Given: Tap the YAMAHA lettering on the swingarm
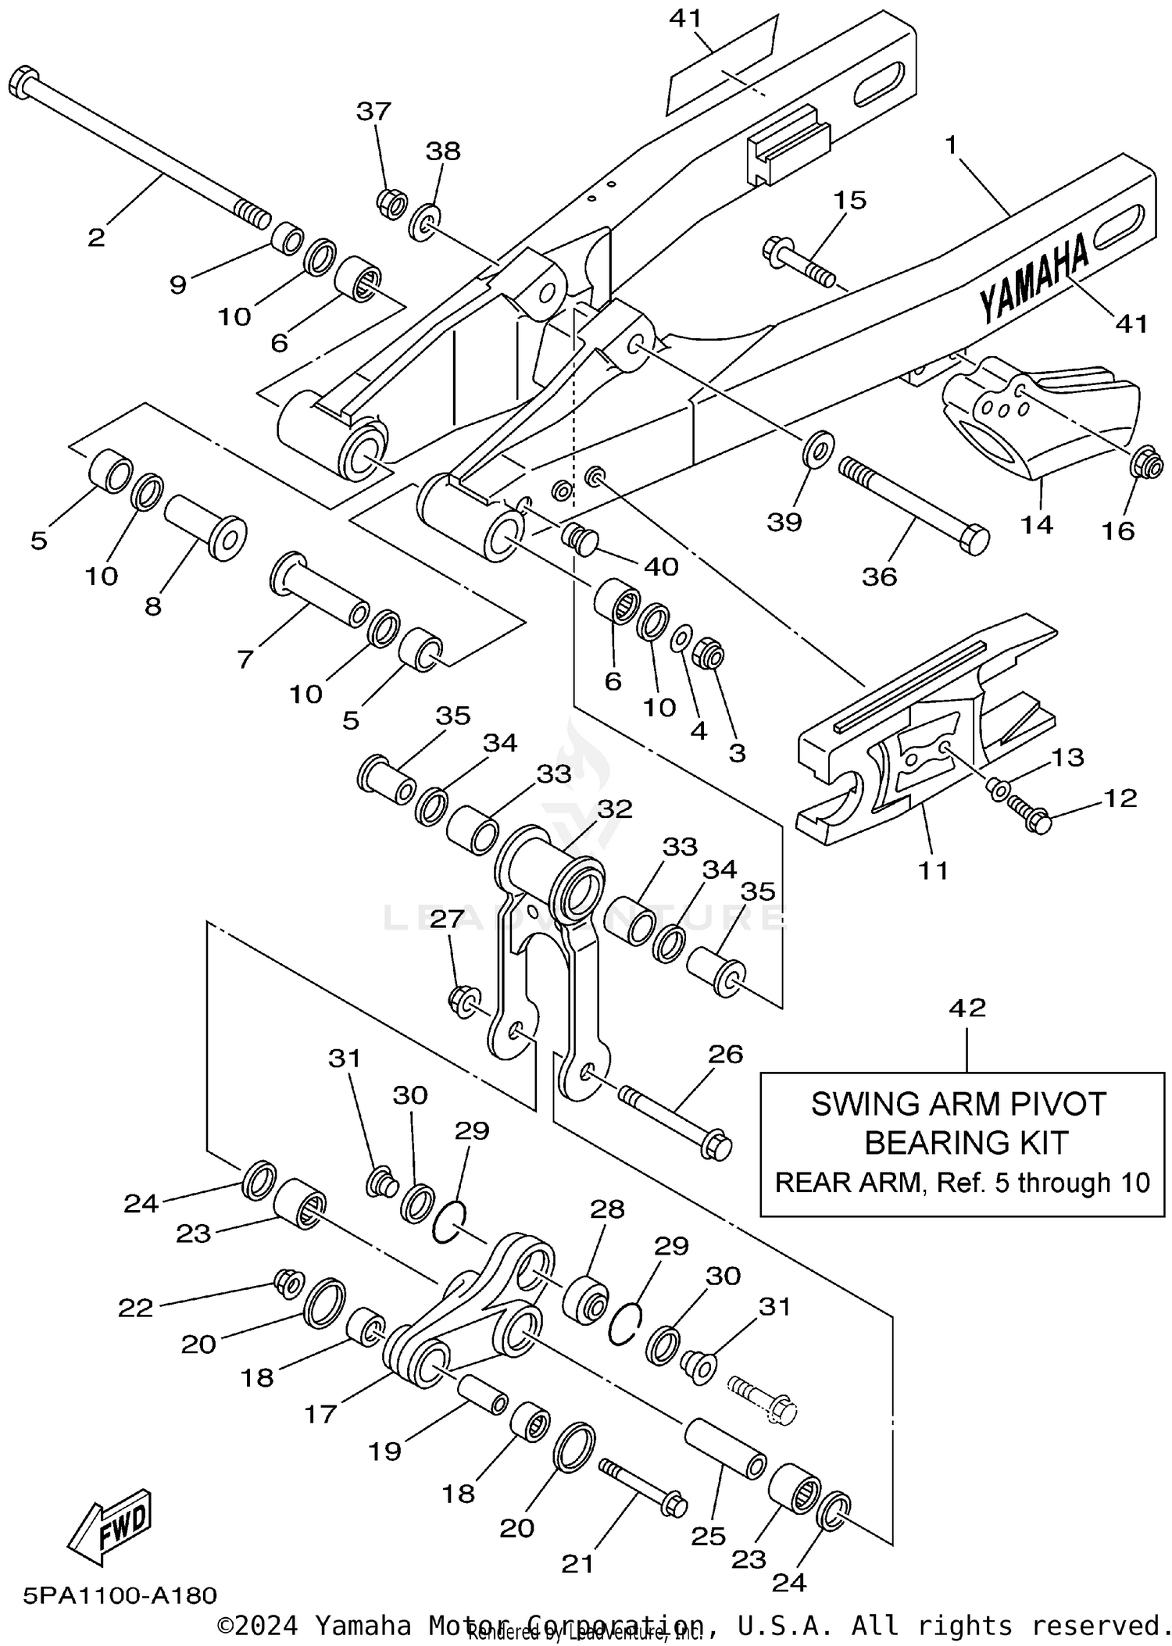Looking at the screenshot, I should click(1033, 279).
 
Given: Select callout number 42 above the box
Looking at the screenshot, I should click(967, 1008).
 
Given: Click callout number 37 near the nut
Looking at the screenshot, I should click(373, 112).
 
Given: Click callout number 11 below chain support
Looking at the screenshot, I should click(933, 869).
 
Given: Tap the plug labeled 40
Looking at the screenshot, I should click(580, 537).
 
